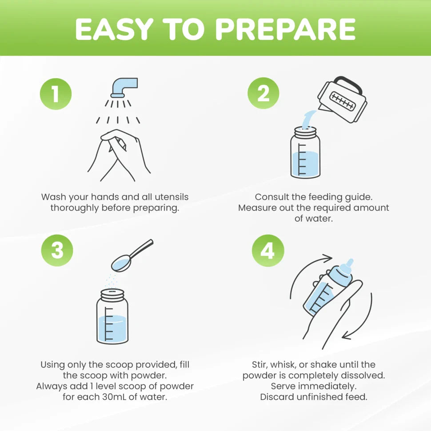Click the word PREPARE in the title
pos(285,29)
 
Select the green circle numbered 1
pos(56,94)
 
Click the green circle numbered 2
pos(263,93)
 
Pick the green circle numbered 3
pos(57,251)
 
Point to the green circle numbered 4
pos(268,251)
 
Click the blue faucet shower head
pos(124,88)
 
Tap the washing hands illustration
pos(119,156)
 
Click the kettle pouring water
pos(343,99)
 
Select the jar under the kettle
pos(305,152)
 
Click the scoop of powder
pos(132,255)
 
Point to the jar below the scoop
pos(112,316)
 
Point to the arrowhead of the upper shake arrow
pos(327,258)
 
